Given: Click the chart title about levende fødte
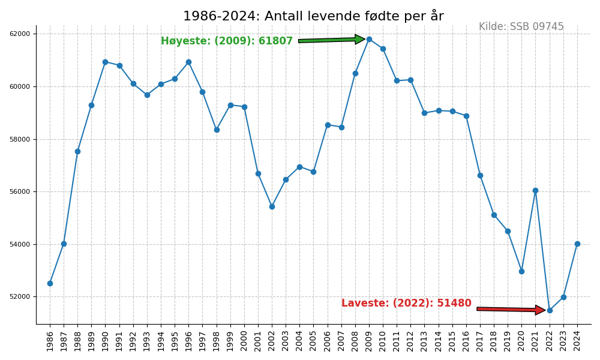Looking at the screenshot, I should [313, 16].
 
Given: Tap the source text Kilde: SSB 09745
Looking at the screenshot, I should [521, 27].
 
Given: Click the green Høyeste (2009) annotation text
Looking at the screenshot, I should [226, 41].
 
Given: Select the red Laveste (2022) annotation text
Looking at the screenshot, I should [406, 304].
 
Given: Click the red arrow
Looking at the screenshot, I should [511, 310].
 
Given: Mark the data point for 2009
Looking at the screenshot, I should [369, 39].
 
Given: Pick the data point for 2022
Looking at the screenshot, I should [550, 310].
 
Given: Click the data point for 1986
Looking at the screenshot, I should [50, 283].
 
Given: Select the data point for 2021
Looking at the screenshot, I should [535, 190].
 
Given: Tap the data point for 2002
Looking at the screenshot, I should [272, 206].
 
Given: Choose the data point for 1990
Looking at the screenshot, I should [105, 62].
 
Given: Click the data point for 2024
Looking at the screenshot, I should [577, 244].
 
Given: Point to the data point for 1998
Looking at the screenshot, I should [217, 130].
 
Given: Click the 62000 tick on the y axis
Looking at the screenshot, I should [20, 34].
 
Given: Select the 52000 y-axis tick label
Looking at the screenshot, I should [20, 297].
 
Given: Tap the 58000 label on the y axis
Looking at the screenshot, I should [20, 139].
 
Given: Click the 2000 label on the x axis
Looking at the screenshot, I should [245, 341].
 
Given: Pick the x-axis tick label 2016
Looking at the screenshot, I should [467, 341].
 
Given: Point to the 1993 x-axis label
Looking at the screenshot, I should [148, 341].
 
